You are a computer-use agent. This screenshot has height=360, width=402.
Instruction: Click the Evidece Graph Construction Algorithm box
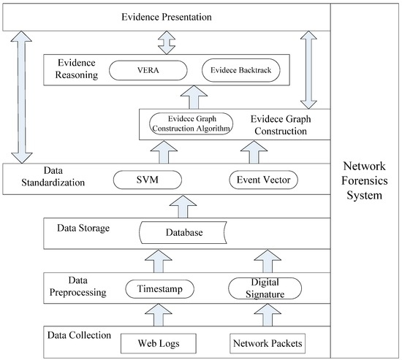(190, 123)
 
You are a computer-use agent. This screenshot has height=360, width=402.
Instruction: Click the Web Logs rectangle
(159, 342)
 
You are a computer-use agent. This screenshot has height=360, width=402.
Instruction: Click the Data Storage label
(83, 228)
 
